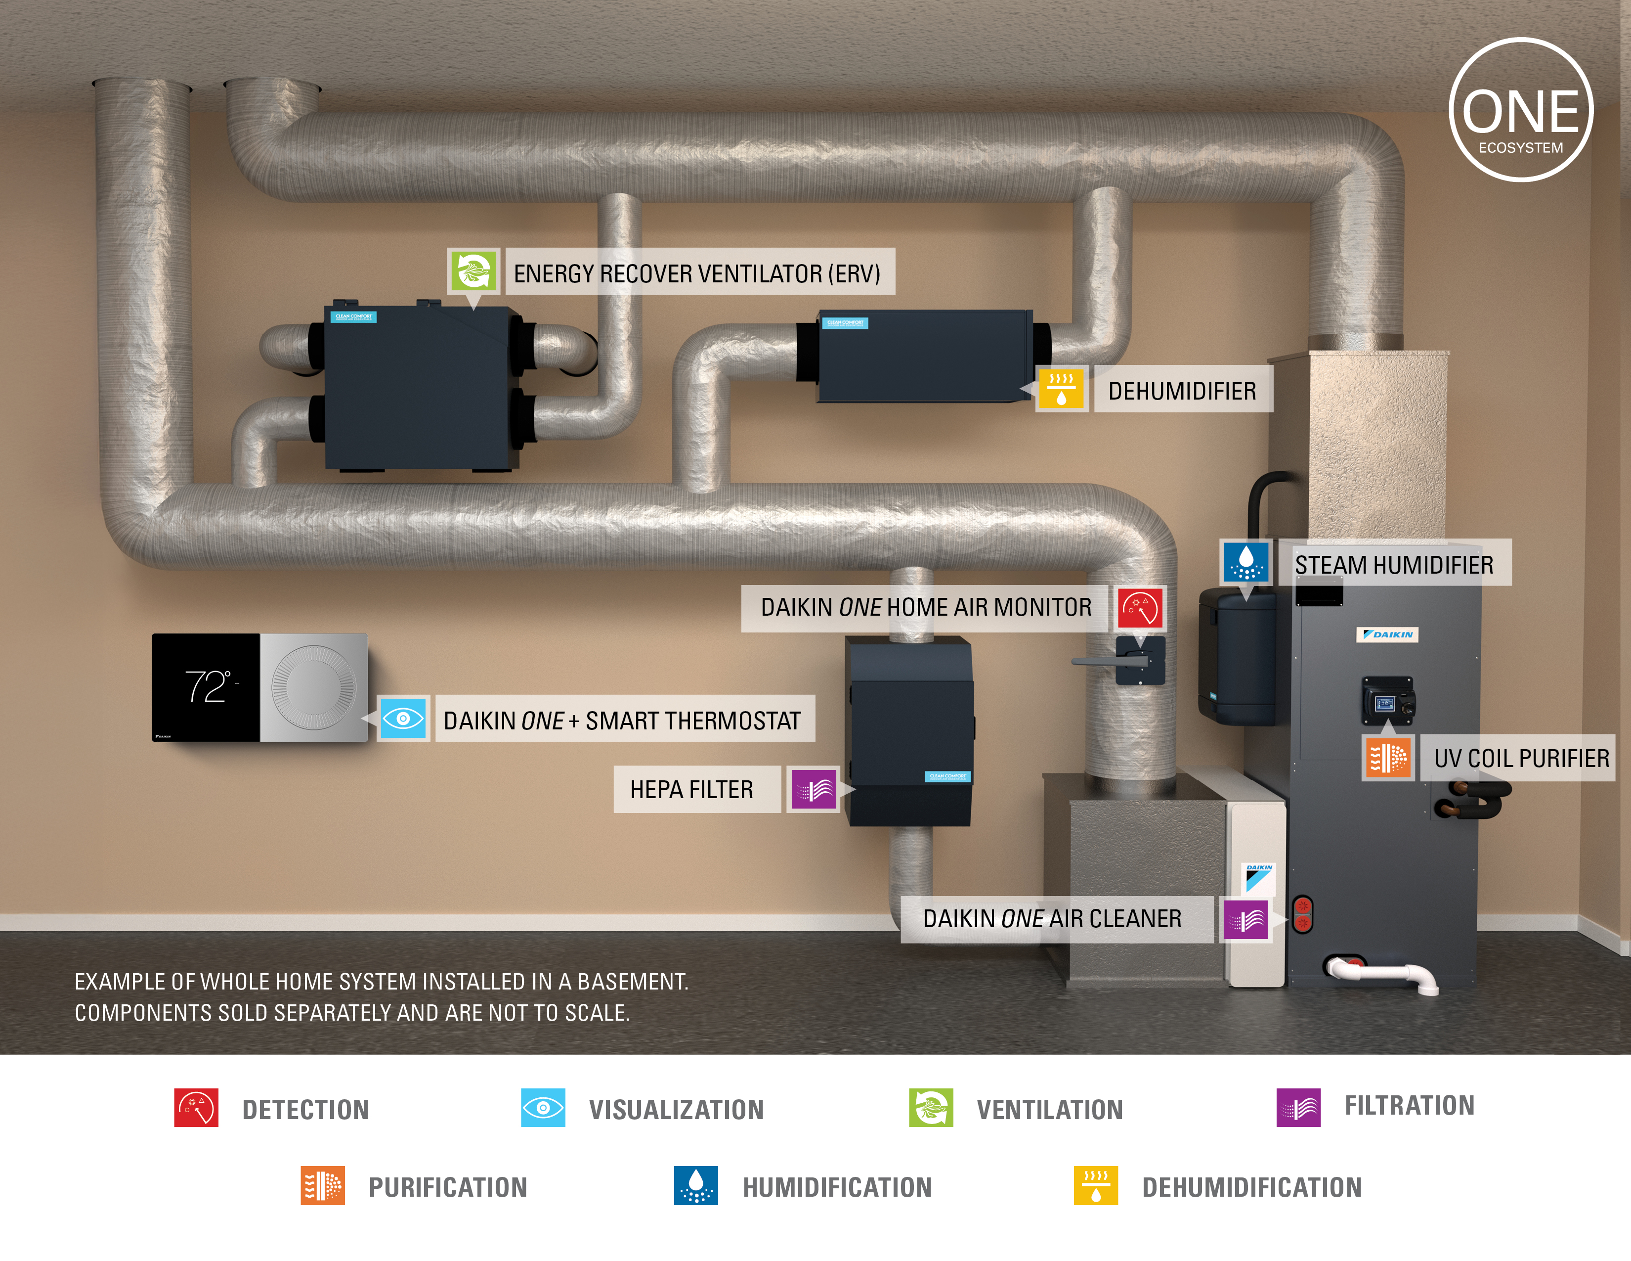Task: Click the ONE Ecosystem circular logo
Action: click(x=1520, y=110)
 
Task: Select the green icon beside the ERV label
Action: click(x=472, y=270)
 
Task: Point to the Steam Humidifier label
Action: click(x=1394, y=565)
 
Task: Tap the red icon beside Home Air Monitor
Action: click(x=1140, y=607)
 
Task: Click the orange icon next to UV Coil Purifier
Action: click(x=1387, y=758)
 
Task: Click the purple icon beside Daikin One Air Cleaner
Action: click(x=1245, y=920)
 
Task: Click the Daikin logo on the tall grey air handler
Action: click(x=1387, y=634)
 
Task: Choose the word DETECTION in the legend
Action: click(x=305, y=1109)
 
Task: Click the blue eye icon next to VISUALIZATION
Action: click(x=543, y=1107)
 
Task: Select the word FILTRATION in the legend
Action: click(x=1409, y=1106)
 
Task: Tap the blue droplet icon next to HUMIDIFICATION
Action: click(x=695, y=1185)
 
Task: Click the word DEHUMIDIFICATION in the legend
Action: click(x=1251, y=1187)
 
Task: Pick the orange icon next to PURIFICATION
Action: click(x=323, y=1185)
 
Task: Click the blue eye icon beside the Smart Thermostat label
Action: click(x=403, y=719)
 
